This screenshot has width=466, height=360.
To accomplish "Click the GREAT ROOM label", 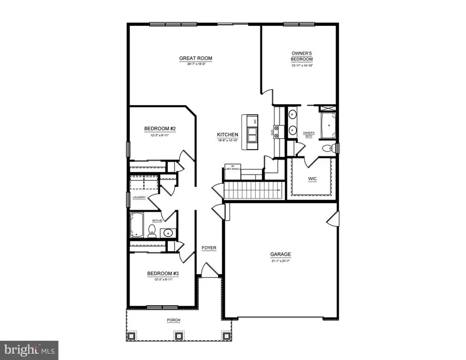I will (x=196, y=58).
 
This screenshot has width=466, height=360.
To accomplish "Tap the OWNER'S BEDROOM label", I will (x=301, y=56).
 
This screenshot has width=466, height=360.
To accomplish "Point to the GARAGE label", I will (x=281, y=254).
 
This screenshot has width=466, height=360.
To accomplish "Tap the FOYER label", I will (x=209, y=248).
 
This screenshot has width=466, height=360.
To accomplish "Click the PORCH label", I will (x=173, y=320).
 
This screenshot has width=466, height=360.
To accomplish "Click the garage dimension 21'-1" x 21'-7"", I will (x=281, y=261).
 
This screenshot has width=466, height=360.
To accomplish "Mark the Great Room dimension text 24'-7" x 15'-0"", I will (x=196, y=65).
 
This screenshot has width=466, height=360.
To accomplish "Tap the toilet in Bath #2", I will (x=153, y=230).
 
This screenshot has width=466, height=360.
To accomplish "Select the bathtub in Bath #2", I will (x=138, y=225).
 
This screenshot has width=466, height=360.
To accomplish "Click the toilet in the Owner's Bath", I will (x=327, y=149).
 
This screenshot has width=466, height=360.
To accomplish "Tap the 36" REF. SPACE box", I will (x=230, y=168).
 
